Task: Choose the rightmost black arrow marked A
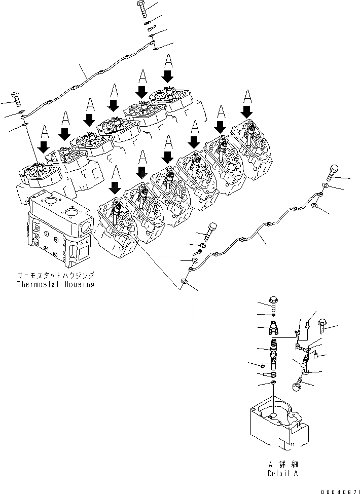pos(247,110)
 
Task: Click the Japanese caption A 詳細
pos(282,464)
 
